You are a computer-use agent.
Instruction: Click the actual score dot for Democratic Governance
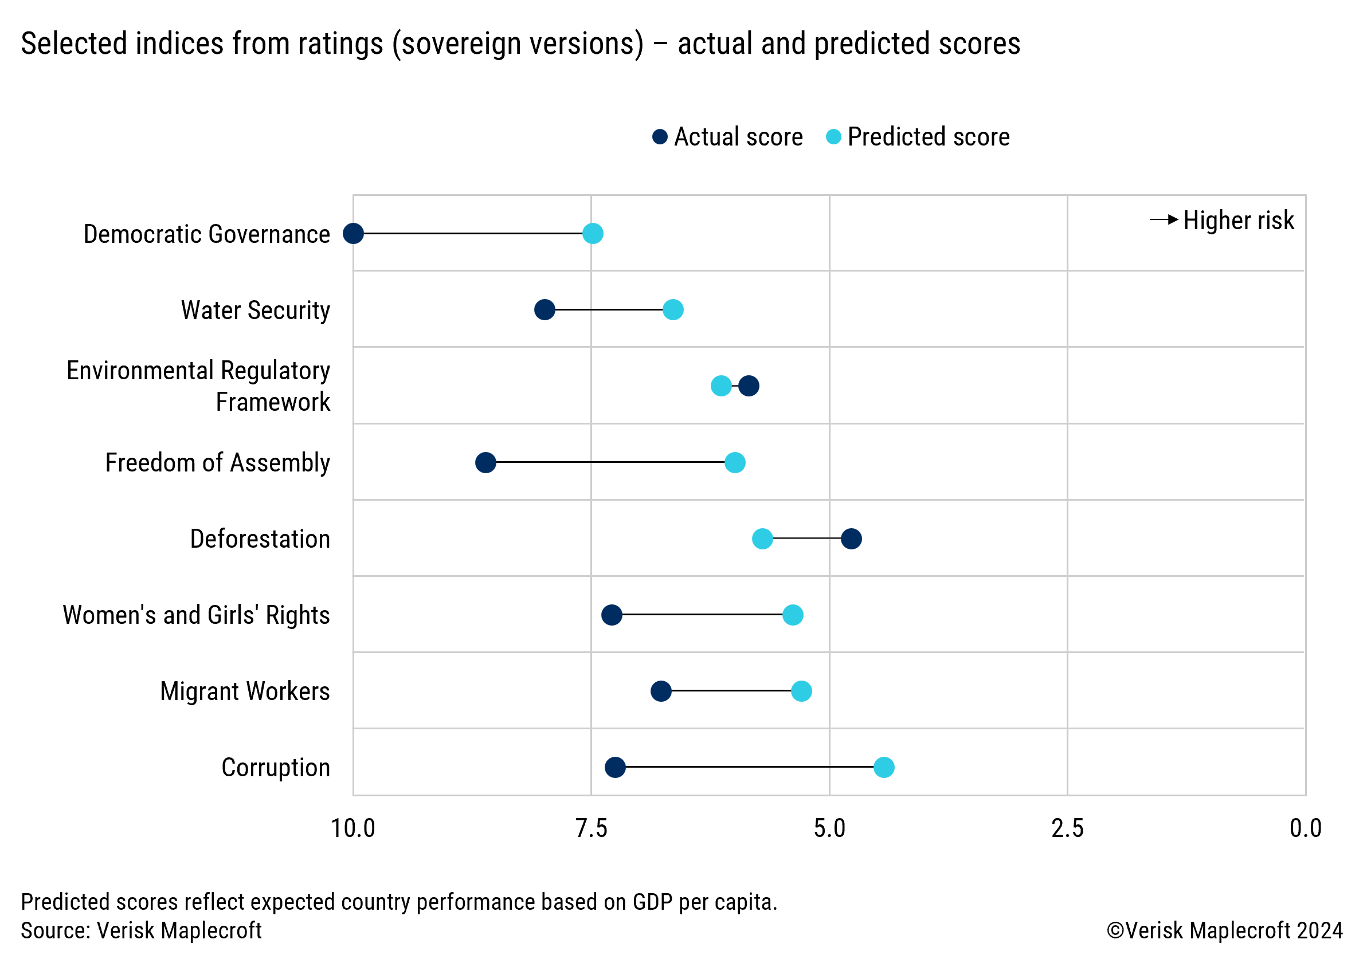point(353,233)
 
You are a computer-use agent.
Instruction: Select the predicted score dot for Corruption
point(884,767)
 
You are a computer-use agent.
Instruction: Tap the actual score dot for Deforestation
point(851,539)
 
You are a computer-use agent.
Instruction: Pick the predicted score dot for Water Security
point(672,309)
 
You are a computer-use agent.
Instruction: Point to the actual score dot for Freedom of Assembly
point(485,462)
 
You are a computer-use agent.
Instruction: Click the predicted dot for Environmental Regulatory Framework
point(720,386)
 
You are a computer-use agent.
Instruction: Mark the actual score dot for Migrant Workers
point(661,691)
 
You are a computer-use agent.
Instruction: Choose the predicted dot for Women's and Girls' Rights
point(793,615)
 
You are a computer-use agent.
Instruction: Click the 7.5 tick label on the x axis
point(592,828)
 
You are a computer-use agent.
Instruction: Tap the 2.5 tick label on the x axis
point(1067,828)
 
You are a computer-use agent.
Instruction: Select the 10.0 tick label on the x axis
point(353,828)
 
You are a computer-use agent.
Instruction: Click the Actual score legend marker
point(660,137)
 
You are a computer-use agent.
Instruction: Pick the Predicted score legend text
point(929,137)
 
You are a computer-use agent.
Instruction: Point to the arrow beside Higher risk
point(1164,219)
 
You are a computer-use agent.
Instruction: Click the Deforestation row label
point(260,539)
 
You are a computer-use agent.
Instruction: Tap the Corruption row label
point(276,767)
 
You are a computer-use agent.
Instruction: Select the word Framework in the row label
point(272,402)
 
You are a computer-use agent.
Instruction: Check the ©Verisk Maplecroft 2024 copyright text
point(1224,930)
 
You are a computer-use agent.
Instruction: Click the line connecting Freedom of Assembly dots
point(610,462)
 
